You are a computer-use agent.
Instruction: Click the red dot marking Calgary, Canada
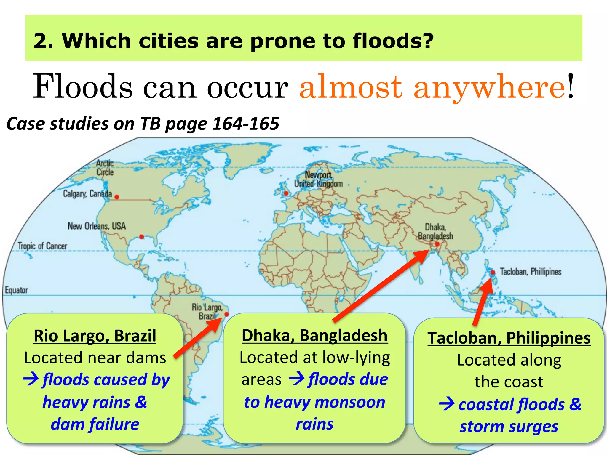117,197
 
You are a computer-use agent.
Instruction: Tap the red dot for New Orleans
141,237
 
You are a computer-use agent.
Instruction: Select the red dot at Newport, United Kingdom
286,193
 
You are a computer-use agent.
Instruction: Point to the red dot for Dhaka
437,244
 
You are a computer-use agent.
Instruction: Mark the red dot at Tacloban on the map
493,272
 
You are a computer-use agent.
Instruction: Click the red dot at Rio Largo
227,314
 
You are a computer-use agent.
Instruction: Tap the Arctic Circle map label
105,168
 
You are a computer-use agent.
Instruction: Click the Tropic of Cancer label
42,246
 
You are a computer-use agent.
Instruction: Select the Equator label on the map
16,290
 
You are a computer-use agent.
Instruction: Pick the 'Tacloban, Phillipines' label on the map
531,272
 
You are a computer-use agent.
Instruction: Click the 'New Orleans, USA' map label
97,226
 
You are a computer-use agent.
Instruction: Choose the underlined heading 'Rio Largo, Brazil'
95,336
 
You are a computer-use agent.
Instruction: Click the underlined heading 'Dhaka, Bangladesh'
314,336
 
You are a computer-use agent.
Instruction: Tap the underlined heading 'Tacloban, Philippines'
509,338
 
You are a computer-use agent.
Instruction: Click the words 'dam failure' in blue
95,424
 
